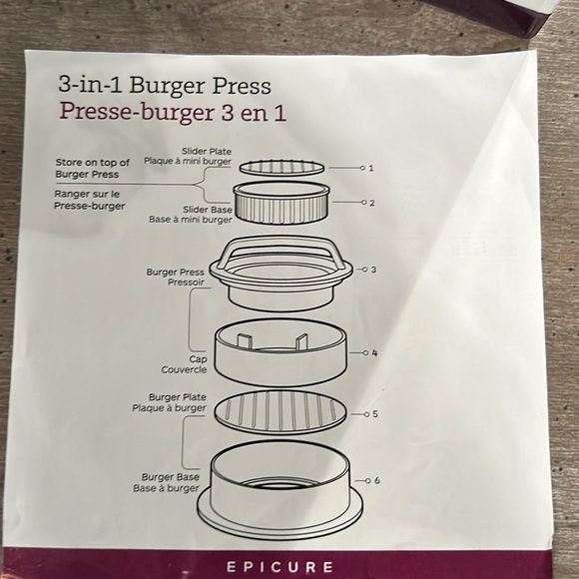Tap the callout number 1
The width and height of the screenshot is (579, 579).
coord(370,168)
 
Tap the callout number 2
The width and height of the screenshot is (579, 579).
coord(371,203)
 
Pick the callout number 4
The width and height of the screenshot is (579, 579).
coord(374,352)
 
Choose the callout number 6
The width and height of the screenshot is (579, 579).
coord(376,480)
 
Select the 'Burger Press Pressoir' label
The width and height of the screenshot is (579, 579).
coord(175,277)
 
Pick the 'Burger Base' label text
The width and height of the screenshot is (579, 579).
coord(172,477)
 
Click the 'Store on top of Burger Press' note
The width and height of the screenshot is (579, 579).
coord(93,168)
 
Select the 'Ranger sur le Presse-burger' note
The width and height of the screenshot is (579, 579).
coord(89,200)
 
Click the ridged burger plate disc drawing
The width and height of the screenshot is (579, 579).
coord(284,410)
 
